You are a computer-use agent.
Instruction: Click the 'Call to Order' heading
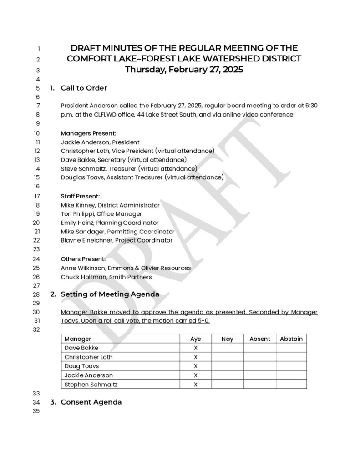[84, 88]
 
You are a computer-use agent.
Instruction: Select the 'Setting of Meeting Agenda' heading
[110, 294]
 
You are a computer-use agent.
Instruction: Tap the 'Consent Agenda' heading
[91, 402]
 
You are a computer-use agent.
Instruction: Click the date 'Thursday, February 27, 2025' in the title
[184, 70]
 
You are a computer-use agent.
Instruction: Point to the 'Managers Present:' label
[88, 133]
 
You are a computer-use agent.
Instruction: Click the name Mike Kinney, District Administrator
[110, 205]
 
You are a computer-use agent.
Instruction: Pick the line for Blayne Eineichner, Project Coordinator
[117, 240]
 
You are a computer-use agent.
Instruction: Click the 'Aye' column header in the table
[196, 339]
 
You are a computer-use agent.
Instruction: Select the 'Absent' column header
[259, 339]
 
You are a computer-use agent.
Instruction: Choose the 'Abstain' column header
[291, 339]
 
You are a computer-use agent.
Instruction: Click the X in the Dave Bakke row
[196, 348]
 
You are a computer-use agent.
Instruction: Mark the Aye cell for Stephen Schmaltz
[196, 385]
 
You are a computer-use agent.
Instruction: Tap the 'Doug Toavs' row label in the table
[81, 366]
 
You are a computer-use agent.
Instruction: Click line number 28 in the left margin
[37, 294]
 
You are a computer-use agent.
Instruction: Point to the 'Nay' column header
[227, 339]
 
